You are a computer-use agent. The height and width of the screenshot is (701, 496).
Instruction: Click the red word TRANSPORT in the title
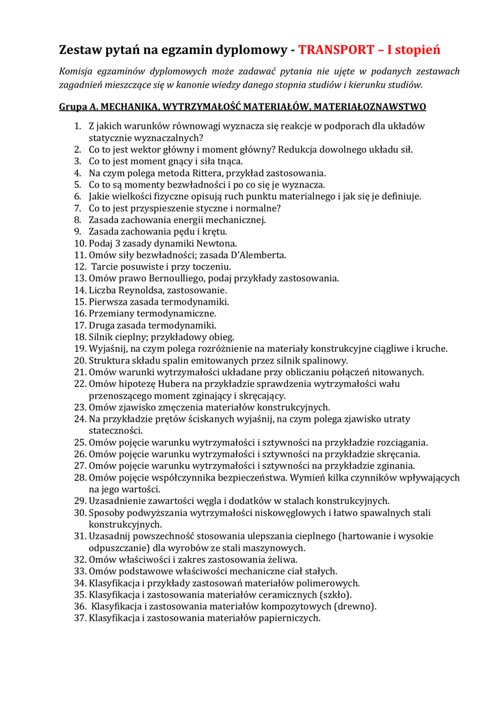tap(335, 50)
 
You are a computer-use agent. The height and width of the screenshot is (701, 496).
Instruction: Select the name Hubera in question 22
tap(186, 383)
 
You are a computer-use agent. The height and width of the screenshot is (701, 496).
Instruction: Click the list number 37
tap(79, 617)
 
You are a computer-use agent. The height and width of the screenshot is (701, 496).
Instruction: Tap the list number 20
tap(79, 360)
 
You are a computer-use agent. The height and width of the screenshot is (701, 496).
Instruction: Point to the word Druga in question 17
tap(103, 325)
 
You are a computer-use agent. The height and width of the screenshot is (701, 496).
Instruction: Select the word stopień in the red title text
tap(419, 50)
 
